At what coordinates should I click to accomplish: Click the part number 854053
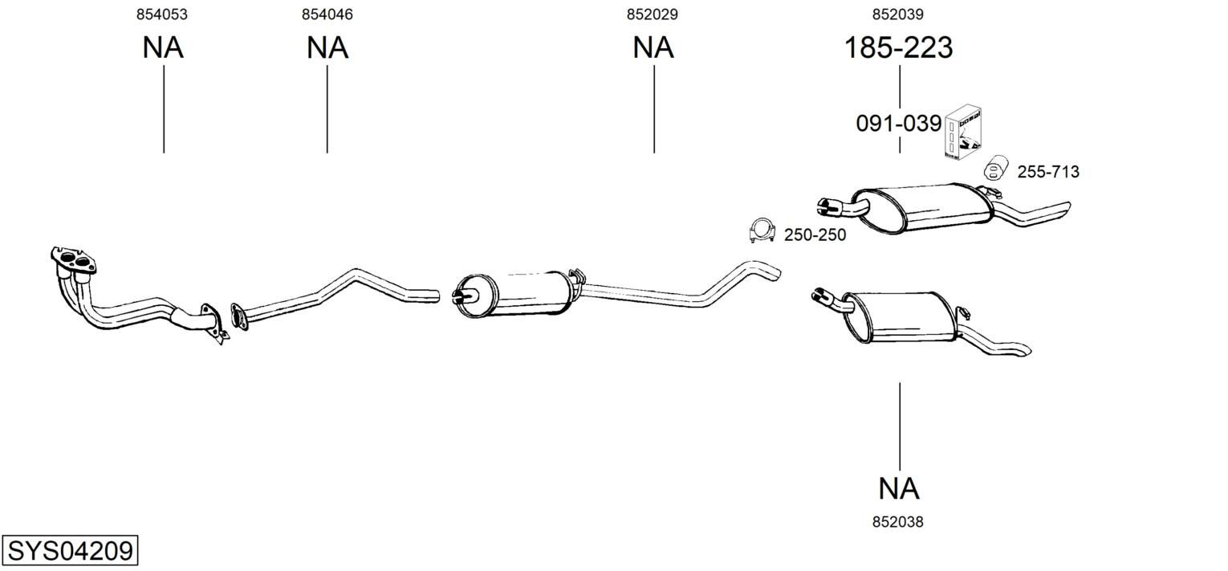(161, 14)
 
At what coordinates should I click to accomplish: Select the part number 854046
(327, 14)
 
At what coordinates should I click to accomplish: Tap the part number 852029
(653, 14)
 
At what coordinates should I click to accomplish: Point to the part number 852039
(898, 14)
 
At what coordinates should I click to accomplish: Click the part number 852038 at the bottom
(898, 522)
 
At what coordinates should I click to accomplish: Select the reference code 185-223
(898, 47)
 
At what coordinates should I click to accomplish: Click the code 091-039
(898, 124)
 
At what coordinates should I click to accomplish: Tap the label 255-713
(1048, 172)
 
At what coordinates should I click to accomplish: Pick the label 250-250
(815, 235)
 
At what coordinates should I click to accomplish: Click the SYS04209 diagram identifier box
(70, 550)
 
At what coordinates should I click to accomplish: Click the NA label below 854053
(163, 47)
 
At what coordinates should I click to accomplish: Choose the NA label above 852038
(898, 488)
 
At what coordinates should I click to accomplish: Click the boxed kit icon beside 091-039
(962, 133)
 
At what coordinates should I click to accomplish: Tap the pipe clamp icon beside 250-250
(762, 230)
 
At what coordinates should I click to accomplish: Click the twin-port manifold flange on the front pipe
(73, 260)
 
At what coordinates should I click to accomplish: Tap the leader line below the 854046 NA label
(327, 109)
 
